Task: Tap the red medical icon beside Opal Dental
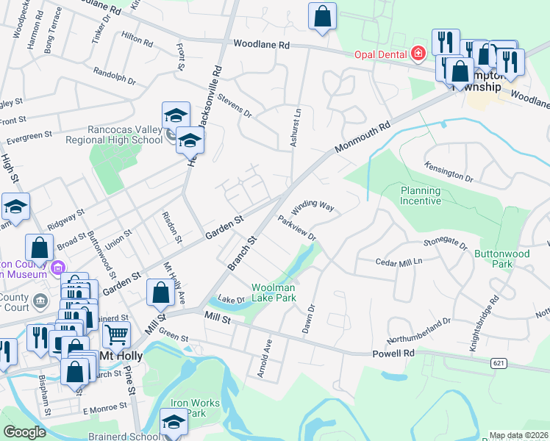418,53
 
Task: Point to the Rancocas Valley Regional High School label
114,135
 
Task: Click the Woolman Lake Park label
274,293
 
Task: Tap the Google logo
24,432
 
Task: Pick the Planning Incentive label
420,196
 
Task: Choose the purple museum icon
60,268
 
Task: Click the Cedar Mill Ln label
400,261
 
